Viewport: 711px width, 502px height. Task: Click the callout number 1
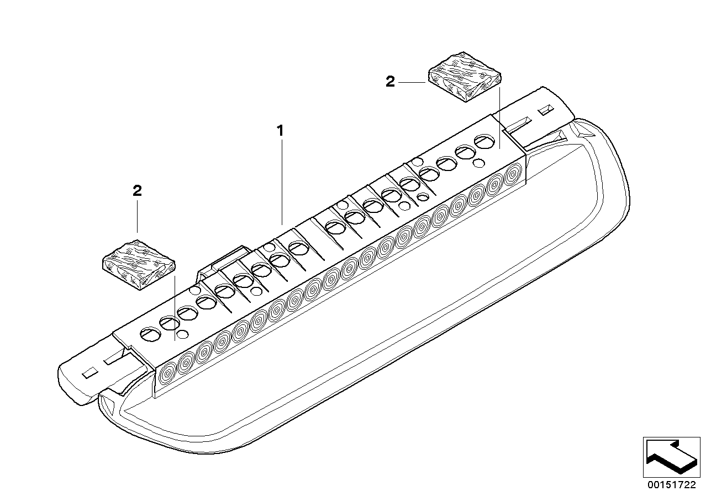point(280,131)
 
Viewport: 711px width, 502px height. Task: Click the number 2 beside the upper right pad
point(390,82)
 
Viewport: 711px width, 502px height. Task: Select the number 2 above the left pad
point(137,190)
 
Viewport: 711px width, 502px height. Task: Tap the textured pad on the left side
point(139,265)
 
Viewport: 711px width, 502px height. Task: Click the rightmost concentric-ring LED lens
point(512,174)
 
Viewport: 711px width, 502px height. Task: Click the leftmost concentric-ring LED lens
point(167,374)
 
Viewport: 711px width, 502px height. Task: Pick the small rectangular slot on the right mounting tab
point(546,110)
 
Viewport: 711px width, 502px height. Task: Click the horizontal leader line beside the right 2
point(412,82)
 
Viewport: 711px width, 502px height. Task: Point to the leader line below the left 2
point(137,217)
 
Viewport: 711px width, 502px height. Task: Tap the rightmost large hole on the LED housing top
point(484,141)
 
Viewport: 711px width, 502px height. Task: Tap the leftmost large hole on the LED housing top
point(150,334)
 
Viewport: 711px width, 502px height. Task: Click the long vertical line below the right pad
point(499,118)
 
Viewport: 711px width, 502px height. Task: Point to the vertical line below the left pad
point(175,308)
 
